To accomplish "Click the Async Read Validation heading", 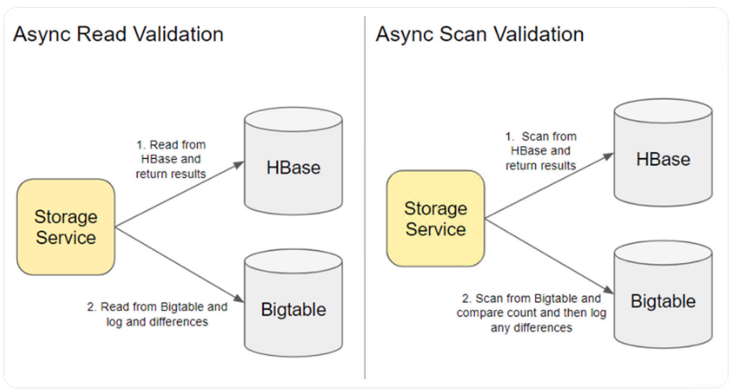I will click(x=118, y=34).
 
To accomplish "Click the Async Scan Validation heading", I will click(x=480, y=34).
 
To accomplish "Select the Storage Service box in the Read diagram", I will click(x=65, y=227).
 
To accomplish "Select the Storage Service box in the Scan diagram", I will click(x=435, y=218).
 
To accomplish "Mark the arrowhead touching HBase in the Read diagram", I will click(x=239, y=165).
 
